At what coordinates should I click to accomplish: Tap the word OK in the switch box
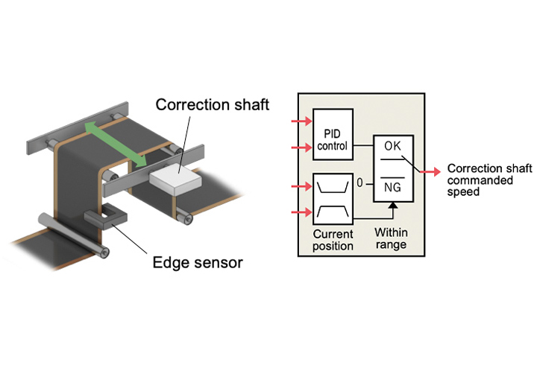392,145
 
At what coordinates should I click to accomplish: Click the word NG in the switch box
392,189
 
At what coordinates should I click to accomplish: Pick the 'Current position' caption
333,240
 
